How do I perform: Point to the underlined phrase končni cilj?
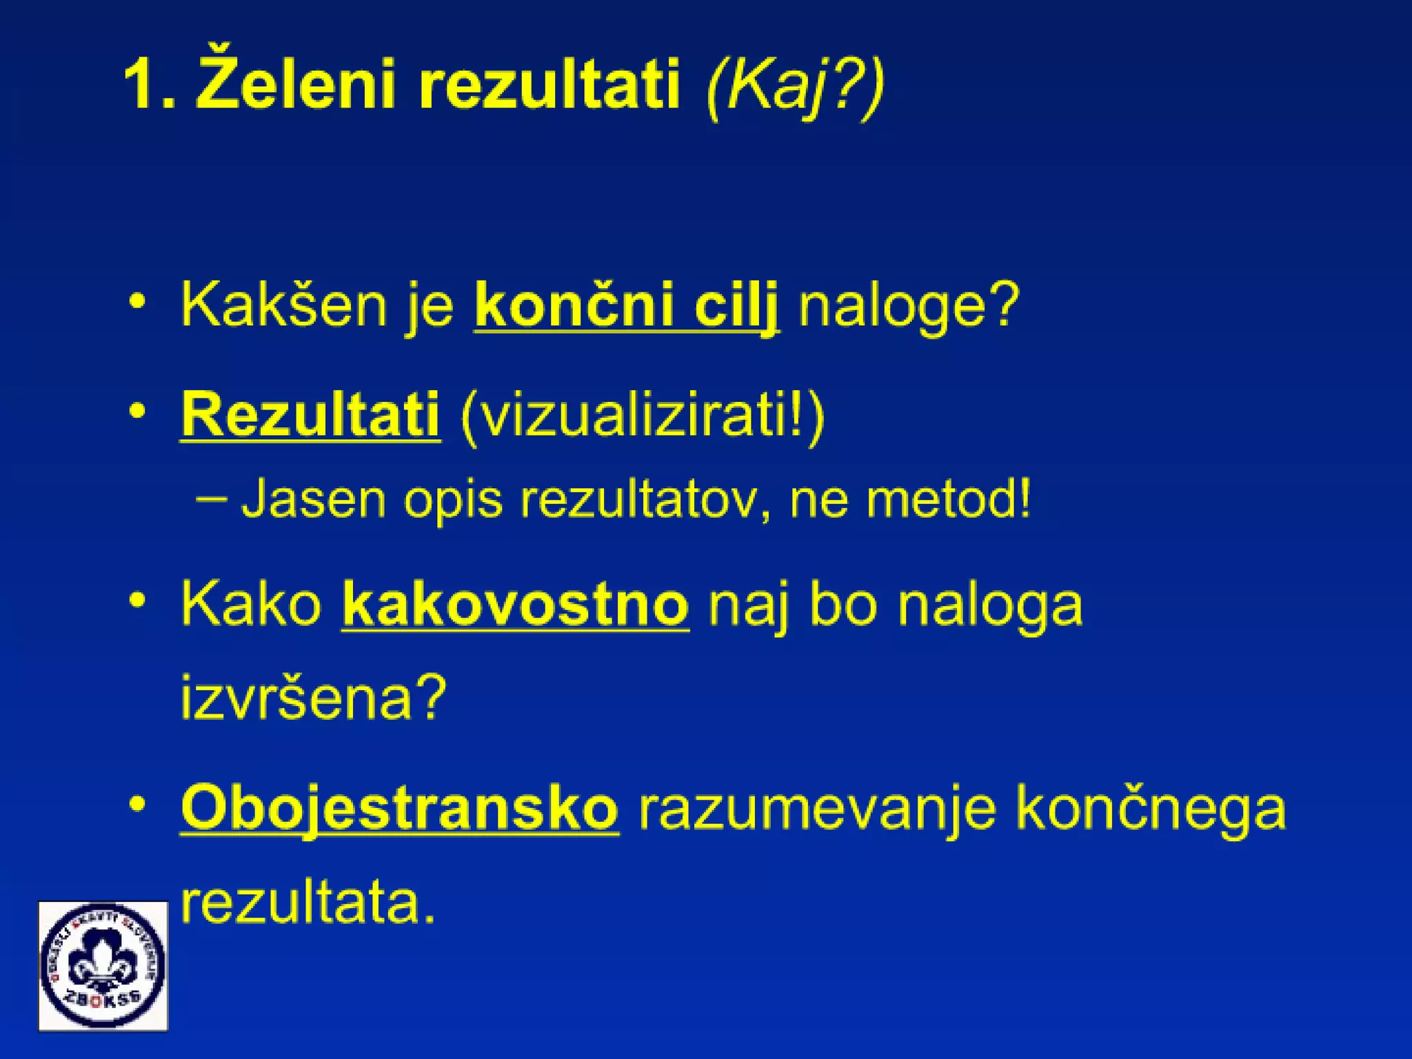pos(626,305)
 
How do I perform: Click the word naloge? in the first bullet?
pos(908,305)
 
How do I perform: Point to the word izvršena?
pos(314,698)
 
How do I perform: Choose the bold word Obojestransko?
pos(399,808)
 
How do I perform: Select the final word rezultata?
pos(307,903)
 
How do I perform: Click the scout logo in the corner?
pos(103,966)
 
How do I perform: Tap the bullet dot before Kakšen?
pos(138,302)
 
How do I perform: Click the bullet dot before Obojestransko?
pos(138,804)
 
